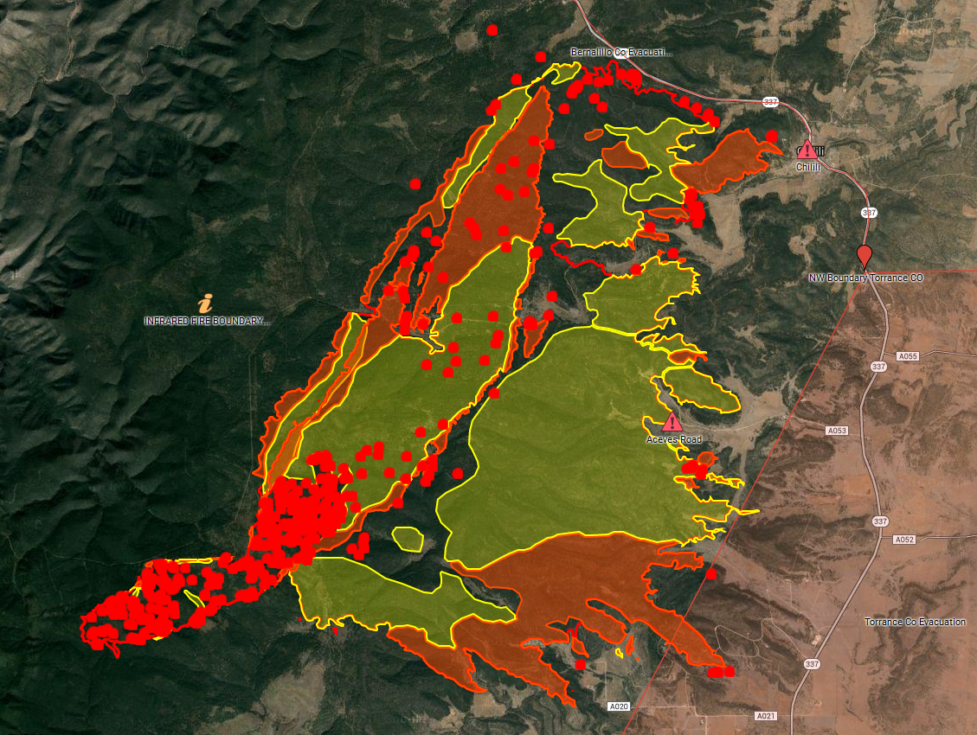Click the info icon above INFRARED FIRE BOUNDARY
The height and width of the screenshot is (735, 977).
(206, 303)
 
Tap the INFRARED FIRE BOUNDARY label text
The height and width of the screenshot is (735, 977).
(207, 321)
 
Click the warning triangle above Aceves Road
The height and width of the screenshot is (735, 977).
(672, 422)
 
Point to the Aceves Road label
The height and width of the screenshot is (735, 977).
(674, 439)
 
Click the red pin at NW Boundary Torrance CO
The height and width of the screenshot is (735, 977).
(864, 254)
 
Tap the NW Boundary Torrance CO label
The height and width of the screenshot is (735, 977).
(865, 278)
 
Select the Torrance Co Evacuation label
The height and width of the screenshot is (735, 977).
(916, 623)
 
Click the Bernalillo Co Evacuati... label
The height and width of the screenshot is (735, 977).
(621, 53)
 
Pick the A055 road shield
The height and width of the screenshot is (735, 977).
(908, 356)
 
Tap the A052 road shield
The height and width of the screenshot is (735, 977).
(904, 539)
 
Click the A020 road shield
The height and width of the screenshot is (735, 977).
(618, 706)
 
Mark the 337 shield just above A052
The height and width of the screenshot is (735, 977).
(880, 521)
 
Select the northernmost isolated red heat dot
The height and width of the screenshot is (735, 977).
(492, 30)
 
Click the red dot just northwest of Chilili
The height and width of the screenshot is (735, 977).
(772, 136)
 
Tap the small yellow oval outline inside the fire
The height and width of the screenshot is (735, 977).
(408, 539)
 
